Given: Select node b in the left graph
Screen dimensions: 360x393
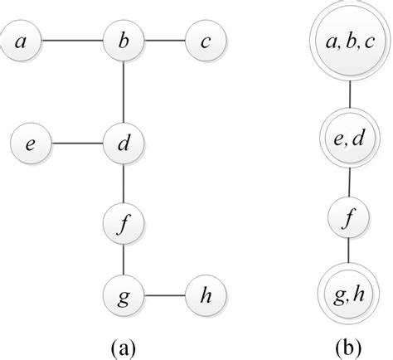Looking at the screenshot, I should [123, 40].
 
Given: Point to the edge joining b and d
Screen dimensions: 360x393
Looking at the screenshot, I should [123, 90].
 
